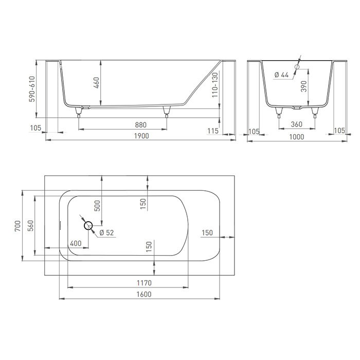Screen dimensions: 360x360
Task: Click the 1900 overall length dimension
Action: [x=141, y=136]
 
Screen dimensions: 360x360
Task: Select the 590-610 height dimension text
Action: [x=32, y=89]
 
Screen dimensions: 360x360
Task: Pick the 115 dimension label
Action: [x=213, y=131]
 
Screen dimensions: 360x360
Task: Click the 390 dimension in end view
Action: [x=303, y=86]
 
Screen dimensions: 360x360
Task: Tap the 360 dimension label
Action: [x=296, y=125]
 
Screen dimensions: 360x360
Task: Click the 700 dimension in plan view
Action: [x=17, y=226]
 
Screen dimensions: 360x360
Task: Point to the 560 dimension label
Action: [x=30, y=226]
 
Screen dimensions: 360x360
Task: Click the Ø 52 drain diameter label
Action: [x=106, y=233]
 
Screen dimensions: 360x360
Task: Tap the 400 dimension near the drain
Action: [x=75, y=243]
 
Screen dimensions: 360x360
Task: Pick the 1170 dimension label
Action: [x=145, y=283]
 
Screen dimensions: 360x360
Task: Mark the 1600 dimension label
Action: [x=145, y=294]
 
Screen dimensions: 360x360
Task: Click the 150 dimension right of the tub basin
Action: [x=207, y=233]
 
